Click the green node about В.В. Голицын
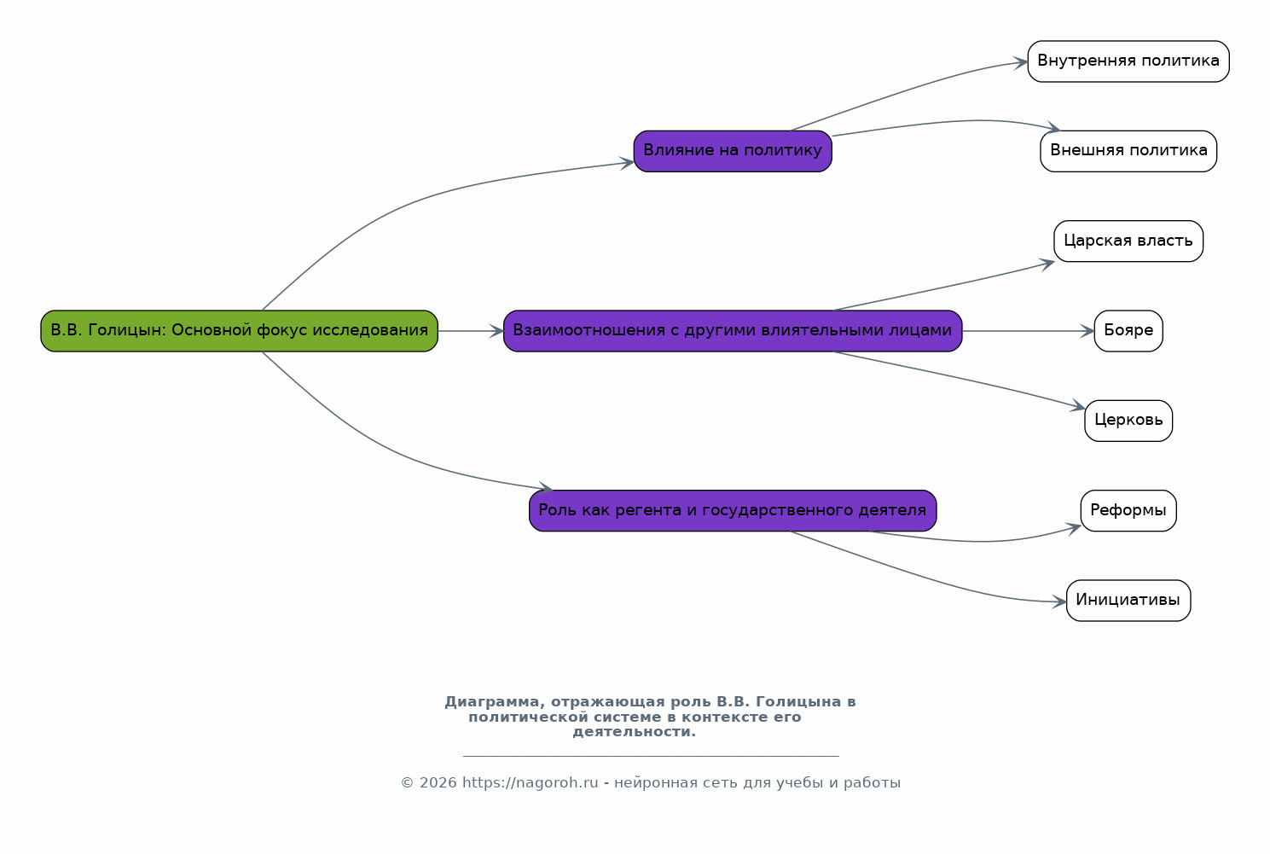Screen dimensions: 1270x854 [x=240, y=331]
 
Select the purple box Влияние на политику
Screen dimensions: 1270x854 [x=733, y=151]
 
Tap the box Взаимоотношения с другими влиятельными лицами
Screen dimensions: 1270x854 [x=733, y=331]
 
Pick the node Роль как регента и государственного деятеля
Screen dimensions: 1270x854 [x=733, y=510]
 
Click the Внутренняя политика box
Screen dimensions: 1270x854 [x=1128, y=61]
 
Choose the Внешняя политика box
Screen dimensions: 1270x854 [x=1128, y=151]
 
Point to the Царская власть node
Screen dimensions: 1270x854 [x=1128, y=241]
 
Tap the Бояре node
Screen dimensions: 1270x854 [x=1128, y=331]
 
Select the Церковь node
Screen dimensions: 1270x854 [x=1128, y=421]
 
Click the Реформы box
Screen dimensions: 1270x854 [x=1128, y=510]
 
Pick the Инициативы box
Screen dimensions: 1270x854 [x=1128, y=601]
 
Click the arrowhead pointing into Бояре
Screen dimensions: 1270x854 [x=1087, y=331]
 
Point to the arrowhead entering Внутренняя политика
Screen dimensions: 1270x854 [x=1021, y=61]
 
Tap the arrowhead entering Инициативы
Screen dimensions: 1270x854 [x=1059, y=601]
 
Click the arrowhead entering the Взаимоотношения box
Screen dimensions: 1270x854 [x=496, y=331]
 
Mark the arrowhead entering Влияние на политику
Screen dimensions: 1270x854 [x=627, y=163]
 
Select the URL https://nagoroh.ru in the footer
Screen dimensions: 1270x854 [x=531, y=782]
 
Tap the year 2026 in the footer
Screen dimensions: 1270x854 [x=438, y=782]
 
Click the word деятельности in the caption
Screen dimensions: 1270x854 [x=634, y=732]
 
